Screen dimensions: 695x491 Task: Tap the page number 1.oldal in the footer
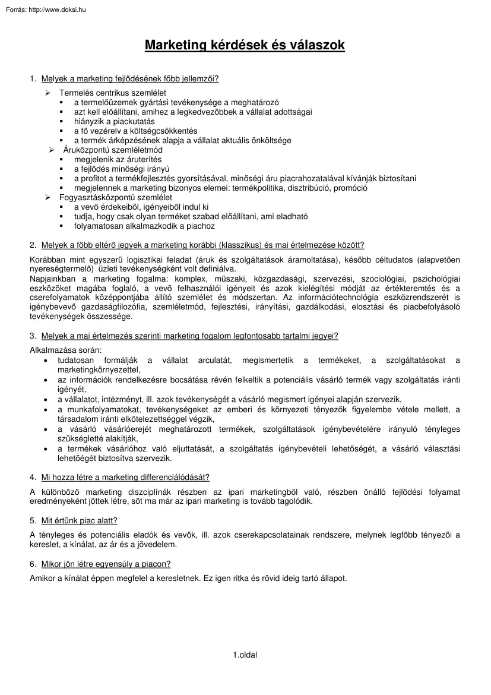(245, 655)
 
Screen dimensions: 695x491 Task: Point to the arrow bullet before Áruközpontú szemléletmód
(52, 150)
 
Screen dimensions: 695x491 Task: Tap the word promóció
(350, 188)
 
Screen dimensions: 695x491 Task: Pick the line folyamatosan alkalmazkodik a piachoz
(144, 226)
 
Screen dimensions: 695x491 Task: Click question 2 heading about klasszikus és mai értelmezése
(202, 245)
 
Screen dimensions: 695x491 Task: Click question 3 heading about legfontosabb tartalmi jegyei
(189, 336)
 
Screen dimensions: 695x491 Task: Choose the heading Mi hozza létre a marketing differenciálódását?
(125, 477)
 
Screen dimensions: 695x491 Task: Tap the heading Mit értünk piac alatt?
(79, 520)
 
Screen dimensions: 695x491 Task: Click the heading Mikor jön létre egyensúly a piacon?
(106, 564)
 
